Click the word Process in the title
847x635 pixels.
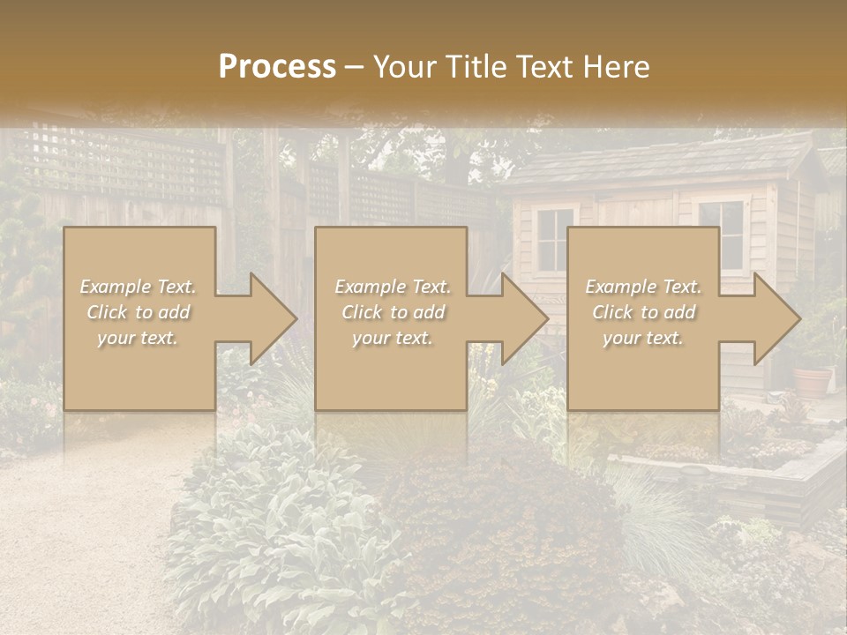pos(277,66)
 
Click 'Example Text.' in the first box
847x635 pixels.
pos(139,287)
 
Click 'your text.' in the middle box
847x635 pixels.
pos(392,338)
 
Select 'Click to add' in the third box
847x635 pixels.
pos(643,312)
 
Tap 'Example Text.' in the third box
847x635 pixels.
pos(643,287)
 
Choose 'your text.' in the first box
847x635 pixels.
pos(139,338)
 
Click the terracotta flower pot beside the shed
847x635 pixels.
pos(812,381)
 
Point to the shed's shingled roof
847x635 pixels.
pos(662,163)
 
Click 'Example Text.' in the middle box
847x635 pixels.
pos(392,287)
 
